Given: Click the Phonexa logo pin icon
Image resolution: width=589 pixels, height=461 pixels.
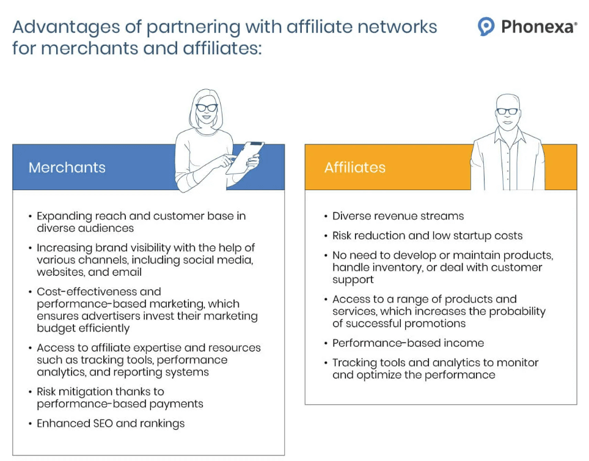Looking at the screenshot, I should pos(486,26).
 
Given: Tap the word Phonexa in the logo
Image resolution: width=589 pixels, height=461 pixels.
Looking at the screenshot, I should pos(536,27).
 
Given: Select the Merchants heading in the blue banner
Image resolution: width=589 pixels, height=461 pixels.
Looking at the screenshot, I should pos(67,168).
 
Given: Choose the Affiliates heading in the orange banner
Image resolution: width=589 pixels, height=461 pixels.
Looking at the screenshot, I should pos(355,168).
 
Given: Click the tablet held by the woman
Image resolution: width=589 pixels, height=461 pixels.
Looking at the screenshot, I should pos(244,156).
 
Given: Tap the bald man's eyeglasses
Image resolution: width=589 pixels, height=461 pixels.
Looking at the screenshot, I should pos(507,111).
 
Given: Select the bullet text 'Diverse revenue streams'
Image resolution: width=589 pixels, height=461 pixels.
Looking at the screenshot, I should pos(398,216).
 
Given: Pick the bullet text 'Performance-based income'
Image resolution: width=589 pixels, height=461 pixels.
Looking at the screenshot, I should pos(408,343).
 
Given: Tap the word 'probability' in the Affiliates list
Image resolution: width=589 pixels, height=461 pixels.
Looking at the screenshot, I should pos(513,311).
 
